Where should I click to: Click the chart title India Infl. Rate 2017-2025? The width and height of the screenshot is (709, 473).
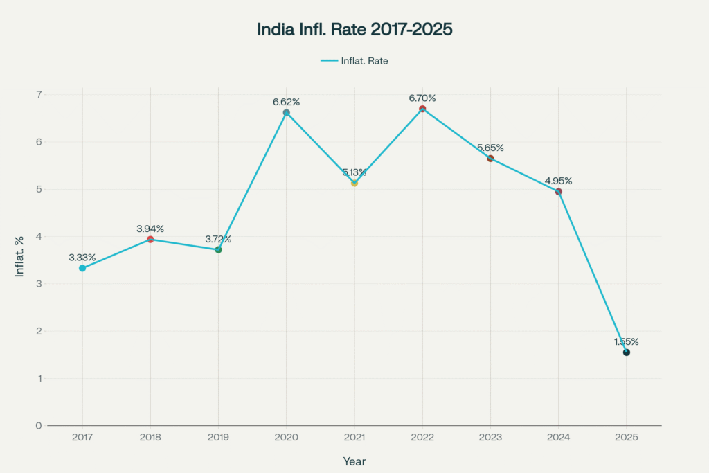point(354,30)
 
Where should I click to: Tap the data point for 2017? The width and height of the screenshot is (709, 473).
point(82,268)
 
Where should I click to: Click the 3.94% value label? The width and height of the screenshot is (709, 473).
point(150,229)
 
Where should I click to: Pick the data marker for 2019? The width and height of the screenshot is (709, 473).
point(218,249)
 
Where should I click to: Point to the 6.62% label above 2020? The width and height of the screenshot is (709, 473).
point(286,102)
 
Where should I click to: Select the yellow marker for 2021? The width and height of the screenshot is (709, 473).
point(354,183)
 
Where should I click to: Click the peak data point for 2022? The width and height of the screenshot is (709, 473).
point(422,109)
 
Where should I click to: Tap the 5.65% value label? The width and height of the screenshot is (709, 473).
point(490,148)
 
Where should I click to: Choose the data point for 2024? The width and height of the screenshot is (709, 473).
point(558,191)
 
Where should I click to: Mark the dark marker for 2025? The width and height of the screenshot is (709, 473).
point(627,352)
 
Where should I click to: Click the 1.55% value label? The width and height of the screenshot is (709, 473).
point(627,341)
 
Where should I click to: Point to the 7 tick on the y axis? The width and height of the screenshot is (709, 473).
point(39,94)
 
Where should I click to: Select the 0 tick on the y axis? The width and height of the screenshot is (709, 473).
point(39,425)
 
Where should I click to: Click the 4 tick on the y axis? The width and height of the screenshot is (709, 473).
point(39,236)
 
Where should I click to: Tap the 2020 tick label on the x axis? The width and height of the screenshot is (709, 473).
point(286,438)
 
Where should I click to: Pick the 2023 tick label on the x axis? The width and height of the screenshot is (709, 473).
point(490,438)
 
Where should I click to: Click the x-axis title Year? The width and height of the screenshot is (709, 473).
point(354,461)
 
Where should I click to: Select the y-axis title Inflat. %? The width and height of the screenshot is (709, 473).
point(20,256)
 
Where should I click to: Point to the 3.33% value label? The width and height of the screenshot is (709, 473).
point(82,257)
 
